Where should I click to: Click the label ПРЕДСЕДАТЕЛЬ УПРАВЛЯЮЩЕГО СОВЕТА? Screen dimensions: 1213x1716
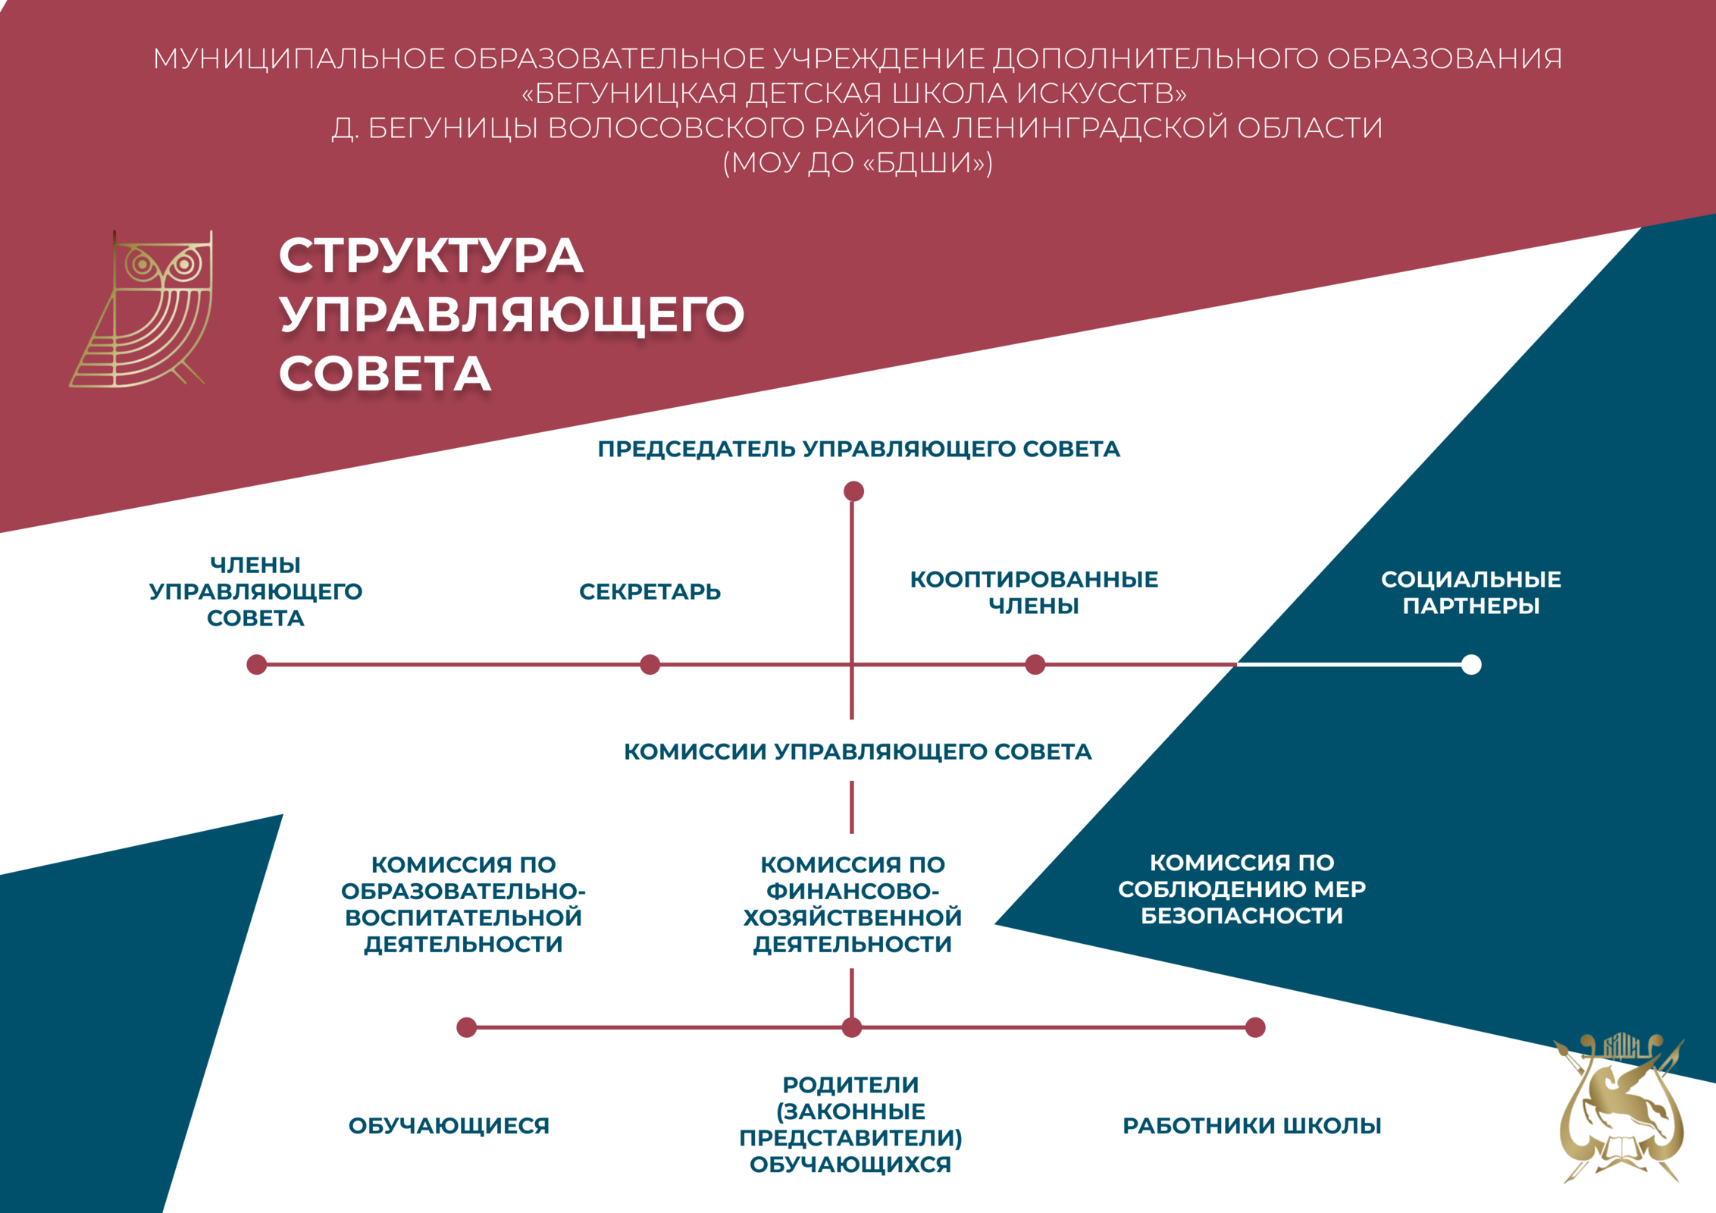(x=858, y=449)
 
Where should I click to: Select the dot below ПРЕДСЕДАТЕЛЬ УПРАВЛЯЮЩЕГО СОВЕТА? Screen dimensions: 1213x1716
(x=853, y=491)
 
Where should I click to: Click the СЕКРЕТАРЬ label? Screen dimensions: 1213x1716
(x=650, y=591)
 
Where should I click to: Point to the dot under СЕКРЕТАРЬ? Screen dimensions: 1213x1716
(x=650, y=665)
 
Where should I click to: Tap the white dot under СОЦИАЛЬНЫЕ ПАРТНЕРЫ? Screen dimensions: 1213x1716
(x=1471, y=665)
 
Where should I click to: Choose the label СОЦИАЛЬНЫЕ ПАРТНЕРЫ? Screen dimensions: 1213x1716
(x=1470, y=592)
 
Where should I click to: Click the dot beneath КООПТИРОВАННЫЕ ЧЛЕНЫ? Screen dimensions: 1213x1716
(x=1035, y=665)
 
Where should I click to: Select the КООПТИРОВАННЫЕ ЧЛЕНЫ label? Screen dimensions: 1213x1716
(x=1034, y=592)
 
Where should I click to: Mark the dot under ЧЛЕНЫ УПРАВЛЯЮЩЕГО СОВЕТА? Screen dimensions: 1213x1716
(x=257, y=665)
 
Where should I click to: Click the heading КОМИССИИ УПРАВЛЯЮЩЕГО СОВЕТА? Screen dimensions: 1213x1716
(x=857, y=751)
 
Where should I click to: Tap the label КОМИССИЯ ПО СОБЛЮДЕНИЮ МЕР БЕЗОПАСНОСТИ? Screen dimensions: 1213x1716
(x=1242, y=889)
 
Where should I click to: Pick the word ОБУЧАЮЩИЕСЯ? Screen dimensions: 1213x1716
(x=449, y=1126)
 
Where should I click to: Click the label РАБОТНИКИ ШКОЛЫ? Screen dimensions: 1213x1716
(x=1251, y=1126)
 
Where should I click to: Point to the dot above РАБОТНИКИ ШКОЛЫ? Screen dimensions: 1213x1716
(x=1255, y=1027)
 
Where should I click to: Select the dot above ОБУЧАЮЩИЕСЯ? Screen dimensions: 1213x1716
(x=467, y=1027)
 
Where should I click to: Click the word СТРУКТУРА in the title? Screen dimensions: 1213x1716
(x=431, y=255)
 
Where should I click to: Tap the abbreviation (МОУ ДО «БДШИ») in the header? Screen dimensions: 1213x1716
(x=857, y=162)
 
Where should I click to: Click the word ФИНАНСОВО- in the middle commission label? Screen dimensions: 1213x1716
(x=853, y=891)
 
